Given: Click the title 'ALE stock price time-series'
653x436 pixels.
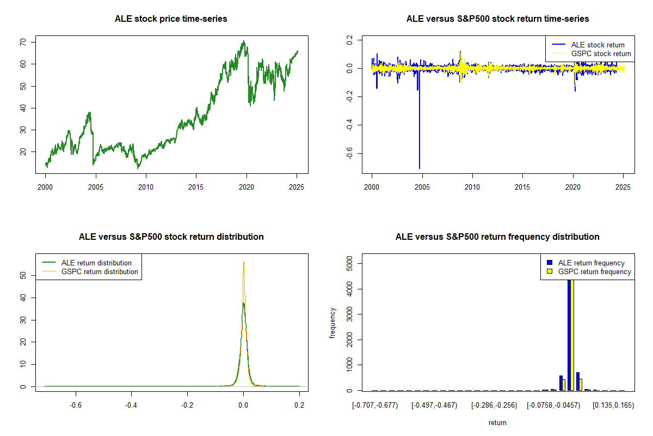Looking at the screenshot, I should click(171, 19).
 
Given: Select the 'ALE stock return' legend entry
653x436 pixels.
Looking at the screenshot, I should click(597, 45).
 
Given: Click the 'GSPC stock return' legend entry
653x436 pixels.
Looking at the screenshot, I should click(601, 53).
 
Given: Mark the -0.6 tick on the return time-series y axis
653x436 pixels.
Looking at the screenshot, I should click(348, 154).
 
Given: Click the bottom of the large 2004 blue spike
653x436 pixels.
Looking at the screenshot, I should click(419, 168).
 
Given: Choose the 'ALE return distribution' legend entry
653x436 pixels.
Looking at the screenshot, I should click(96, 263).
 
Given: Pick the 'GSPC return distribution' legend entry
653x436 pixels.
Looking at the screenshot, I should click(100, 271).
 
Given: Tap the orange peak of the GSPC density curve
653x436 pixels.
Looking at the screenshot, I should click(243, 262).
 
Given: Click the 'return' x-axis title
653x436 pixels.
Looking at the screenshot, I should click(497, 422).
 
